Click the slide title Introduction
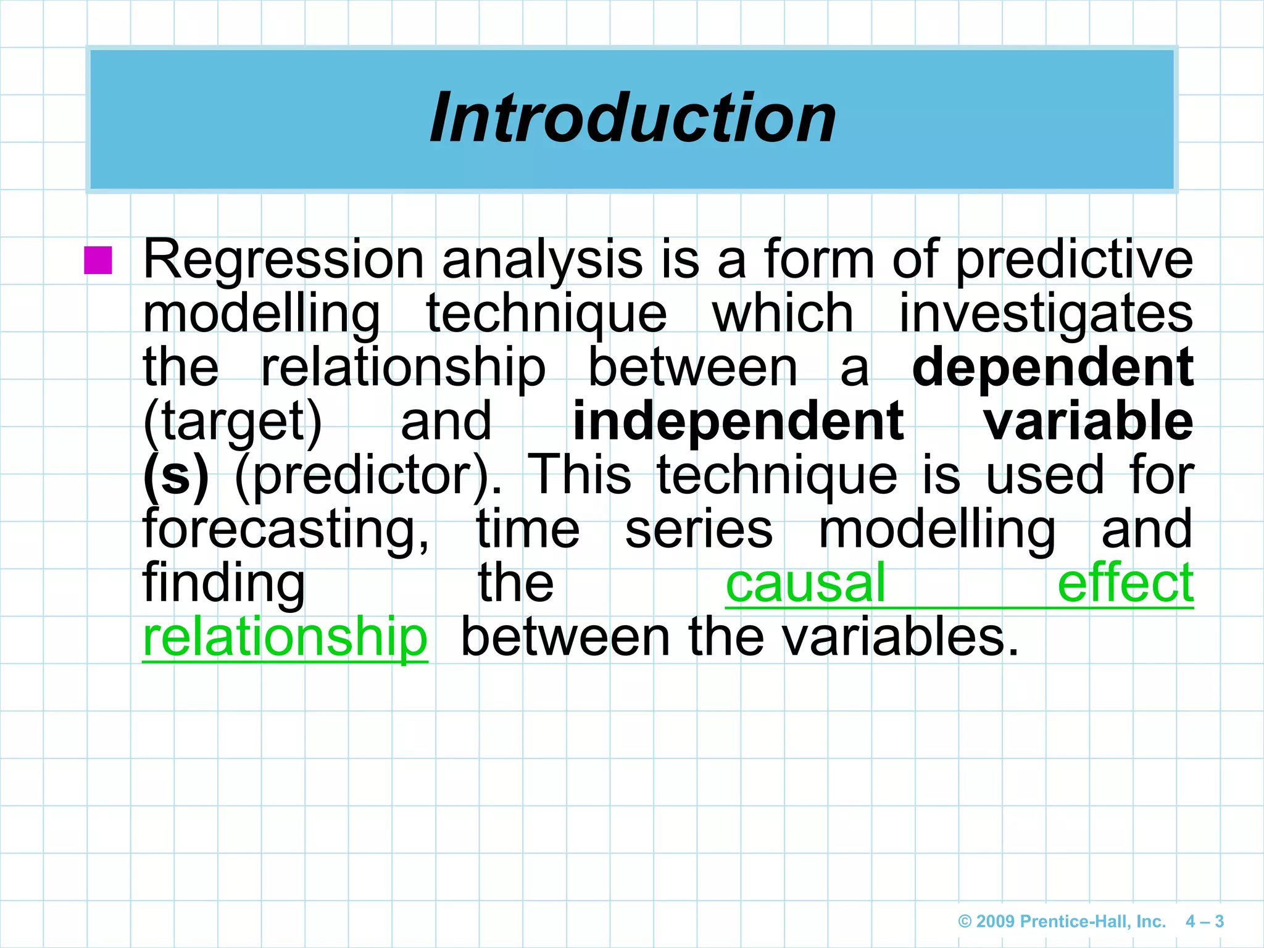pos(633,118)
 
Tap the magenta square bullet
pos(98,260)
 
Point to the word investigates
pos(1046,314)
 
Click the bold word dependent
pos(1052,367)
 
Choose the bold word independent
pos(738,421)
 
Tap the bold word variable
pos(1088,421)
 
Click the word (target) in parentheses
pos(233,422)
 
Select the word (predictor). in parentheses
pos(368,476)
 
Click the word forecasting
pos(286,530)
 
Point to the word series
pos(699,530)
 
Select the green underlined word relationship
pos(285,637)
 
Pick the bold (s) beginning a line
pos(177,476)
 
